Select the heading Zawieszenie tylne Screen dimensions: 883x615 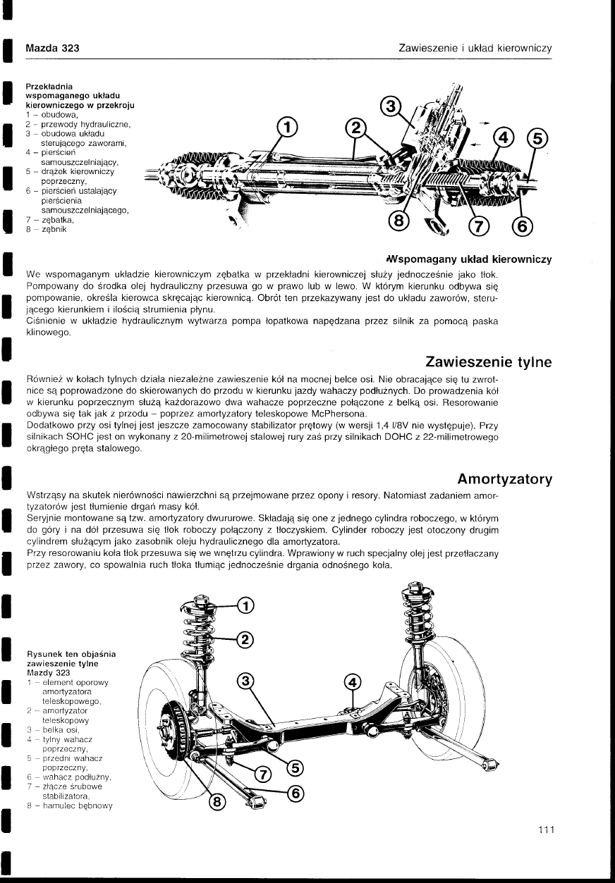488,362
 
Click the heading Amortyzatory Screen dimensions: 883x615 504,479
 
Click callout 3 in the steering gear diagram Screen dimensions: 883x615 391,107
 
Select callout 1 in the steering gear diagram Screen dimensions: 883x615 286,128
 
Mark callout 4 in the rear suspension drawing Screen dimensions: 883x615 352,681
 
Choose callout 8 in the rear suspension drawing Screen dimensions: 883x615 218,801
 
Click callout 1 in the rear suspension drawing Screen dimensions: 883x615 247,605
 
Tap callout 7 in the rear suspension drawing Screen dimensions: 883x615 262,774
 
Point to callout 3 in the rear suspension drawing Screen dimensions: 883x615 245,681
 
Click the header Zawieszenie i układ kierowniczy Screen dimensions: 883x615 474,49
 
